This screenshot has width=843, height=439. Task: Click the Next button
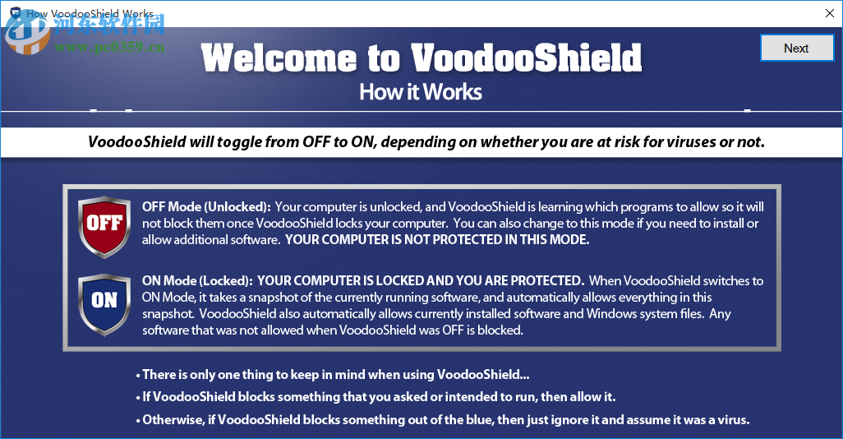click(795, 48)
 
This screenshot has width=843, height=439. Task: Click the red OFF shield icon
click(104, 225)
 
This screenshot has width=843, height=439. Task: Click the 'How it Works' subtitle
click(421, 91)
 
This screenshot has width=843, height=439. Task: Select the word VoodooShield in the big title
click(526, 58)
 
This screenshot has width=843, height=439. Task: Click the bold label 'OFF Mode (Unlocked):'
click(206, 207)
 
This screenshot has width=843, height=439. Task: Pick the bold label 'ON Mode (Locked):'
click(197, 281)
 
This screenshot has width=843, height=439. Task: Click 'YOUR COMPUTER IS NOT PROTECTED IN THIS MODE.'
click(437, 240)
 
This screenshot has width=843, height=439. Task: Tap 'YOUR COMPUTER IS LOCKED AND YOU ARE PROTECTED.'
click(421, 281)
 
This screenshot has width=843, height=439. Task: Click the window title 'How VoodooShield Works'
click(90, 14)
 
